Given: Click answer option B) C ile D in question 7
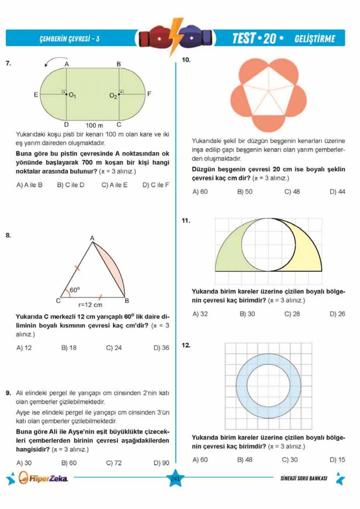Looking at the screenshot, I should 71,185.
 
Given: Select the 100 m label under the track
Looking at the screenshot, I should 94,125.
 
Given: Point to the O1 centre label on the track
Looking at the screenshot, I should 72,95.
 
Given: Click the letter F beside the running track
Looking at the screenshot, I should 149,94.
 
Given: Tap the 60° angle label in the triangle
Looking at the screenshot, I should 75,290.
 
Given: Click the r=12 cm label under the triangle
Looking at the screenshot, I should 90,305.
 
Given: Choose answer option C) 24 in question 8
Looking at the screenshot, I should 114,348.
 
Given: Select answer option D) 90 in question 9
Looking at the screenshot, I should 161,463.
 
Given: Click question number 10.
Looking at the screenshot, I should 186,60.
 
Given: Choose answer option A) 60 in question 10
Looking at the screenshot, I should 200,192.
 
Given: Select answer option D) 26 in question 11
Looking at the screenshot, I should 337,314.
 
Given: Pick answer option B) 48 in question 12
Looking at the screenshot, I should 245,460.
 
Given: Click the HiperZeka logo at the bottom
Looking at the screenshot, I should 43,478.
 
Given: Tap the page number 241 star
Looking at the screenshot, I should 175,479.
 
